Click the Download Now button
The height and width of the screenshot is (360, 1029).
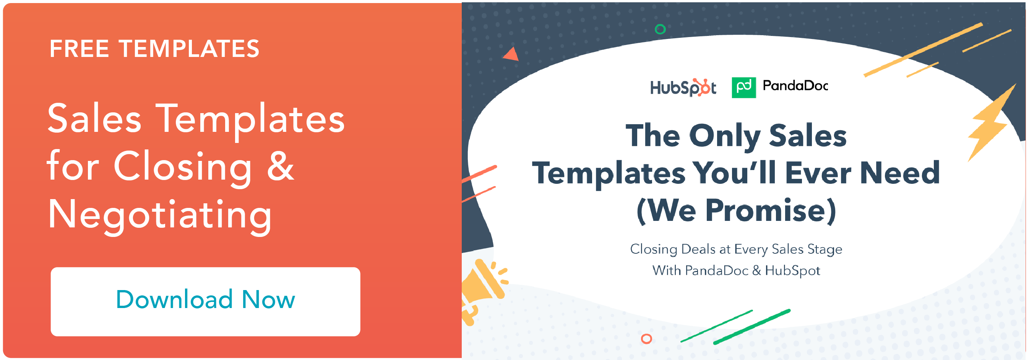pos(205,302)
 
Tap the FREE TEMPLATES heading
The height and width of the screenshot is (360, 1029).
pos(154,49)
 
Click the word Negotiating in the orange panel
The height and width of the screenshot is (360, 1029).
pos(160,215)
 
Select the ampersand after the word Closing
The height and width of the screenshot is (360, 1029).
pos(281,166)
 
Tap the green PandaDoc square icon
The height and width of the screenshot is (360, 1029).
pos(743,88)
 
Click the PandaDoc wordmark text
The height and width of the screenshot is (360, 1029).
pos(795,86)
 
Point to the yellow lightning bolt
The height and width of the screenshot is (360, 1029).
pos(991,124)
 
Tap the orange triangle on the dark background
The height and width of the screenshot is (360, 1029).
pos(511,54)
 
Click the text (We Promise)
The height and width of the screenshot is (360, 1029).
pos(736,211)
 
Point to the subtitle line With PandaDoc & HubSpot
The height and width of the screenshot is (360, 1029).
pos(736,271)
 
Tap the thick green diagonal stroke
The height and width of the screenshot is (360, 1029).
pos(752,326)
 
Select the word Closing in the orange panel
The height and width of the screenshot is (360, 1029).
pos(183,168)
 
